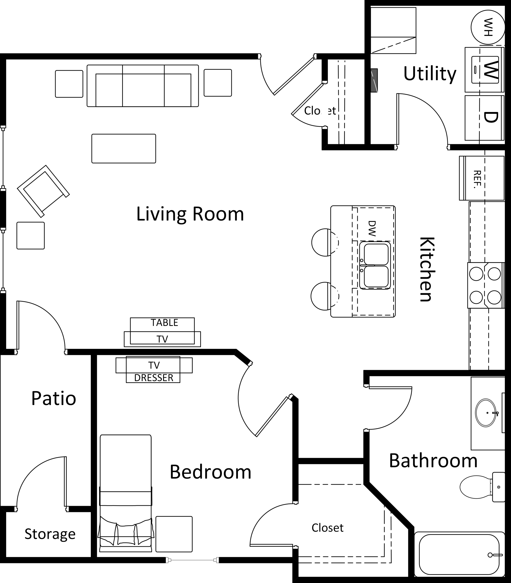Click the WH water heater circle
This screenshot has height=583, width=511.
click(x=488, y=27)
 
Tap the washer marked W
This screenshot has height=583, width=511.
click(x=484, y=69)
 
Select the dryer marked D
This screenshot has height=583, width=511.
click(x=484, y=117)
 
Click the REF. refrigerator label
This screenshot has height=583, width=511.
click(x=477, y=179)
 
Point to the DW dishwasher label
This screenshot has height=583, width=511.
click(x=372, y=228)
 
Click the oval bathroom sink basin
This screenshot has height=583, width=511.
click(x=486, y=412)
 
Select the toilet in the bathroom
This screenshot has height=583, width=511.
click(x=482, y=487)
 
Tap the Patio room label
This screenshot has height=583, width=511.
click(x=53, y=398)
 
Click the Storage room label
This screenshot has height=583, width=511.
click(x=50, y=534)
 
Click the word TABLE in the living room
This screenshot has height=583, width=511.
click(x=164, y=322)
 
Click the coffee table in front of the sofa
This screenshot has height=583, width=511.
click(x=123, y=148)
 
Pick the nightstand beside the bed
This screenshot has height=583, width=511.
click(x=174, y=534)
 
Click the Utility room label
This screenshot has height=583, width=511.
click(x=430, y=73)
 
